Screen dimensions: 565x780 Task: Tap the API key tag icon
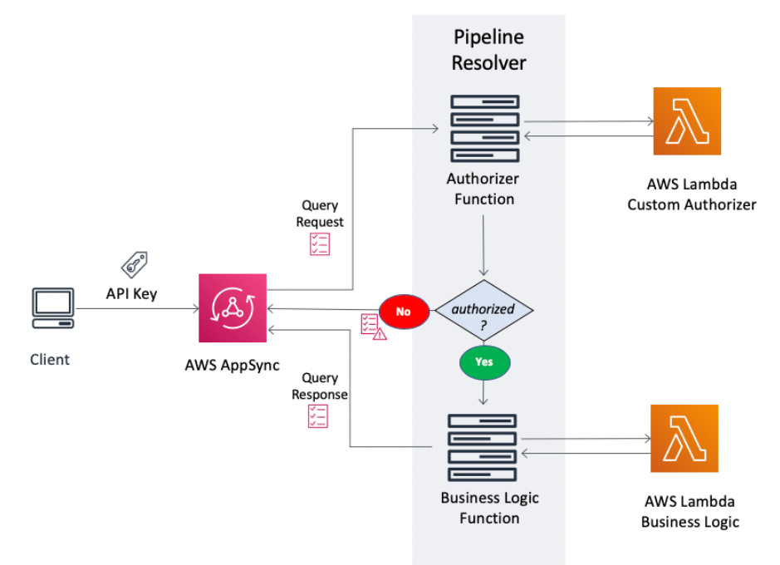pyautogui.click(x=134, y=264)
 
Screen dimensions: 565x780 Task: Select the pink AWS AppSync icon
pyautogui.click(x=233, y=308)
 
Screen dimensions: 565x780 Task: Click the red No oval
pyautogui.click(x=404, y=312)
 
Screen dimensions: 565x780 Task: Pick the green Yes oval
pyautogui.click(x=484, y=361)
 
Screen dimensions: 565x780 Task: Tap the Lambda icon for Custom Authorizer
pyautogui.click(x=687, y=121)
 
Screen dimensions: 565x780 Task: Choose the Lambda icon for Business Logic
pyautogui.click(x=684, y=438)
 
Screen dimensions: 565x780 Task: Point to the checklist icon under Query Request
pyautogui.click(x=320, y=243)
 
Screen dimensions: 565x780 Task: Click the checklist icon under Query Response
pyautogui.click(x=317, y=416)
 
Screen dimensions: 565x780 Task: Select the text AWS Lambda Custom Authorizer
pyautogui.click(x=691, y=194)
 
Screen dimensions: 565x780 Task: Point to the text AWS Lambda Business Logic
pyautogui.click(x=690, y=512)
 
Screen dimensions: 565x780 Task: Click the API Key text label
pyautogui.click(x=131, y=293)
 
